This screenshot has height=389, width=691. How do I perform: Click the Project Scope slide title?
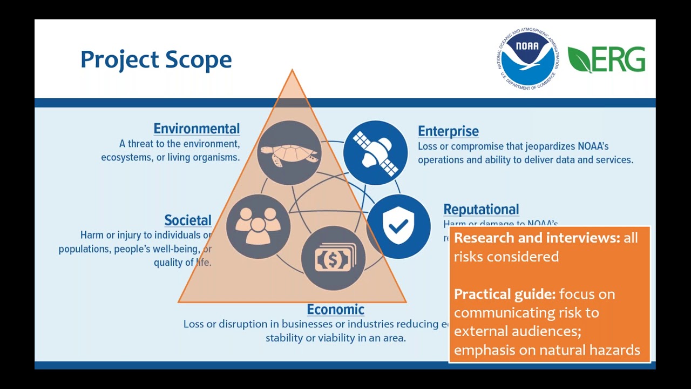tap(156, 59)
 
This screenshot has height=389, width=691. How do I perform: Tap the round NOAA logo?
tap(527, 59)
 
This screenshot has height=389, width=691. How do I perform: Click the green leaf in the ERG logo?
tap(579, 59)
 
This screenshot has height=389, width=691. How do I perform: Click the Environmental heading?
tap(197, 129)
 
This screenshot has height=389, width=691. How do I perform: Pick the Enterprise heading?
tap(448, 131)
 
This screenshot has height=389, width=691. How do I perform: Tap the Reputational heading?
tap(481, 209)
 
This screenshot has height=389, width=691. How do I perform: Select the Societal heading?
tap(188, 220)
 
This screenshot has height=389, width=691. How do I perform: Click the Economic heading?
tap(335, 310)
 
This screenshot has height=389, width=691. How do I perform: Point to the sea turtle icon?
tap(289, 153)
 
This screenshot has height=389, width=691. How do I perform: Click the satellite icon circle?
tap(376, 153)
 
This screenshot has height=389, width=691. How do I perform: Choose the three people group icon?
tap(258, 226)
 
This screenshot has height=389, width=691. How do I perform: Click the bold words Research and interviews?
tap(537, 238)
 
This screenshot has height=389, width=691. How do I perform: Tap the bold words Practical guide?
tap(504, 294)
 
